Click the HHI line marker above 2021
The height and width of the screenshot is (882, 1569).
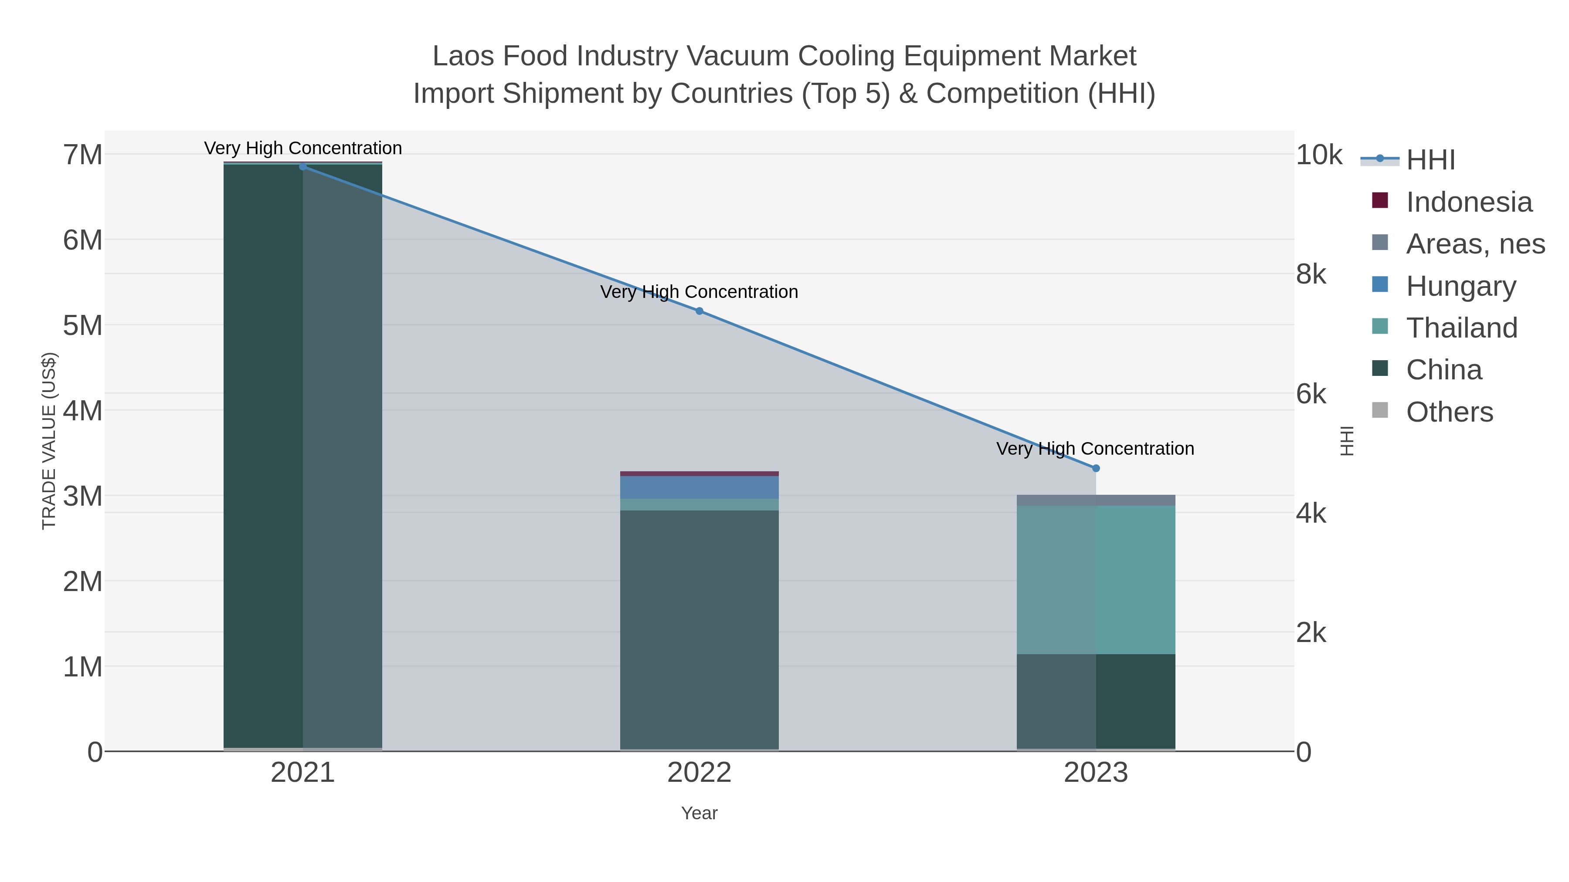(303, 167)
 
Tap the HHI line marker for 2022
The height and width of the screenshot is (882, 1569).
(699, 311)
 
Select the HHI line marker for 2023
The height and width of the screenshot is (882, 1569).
(1096, 468)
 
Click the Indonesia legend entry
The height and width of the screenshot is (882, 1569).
(1468, 202)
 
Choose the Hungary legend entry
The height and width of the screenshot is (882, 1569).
(1460, 286)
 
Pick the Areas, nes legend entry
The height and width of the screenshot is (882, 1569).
(1474, 244)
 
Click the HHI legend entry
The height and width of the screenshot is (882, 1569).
(1430, 160)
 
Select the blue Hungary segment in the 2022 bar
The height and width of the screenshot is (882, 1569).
(699, 487)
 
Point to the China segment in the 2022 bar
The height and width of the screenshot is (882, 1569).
(699, 630)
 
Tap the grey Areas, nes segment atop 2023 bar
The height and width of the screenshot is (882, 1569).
(1096, 500)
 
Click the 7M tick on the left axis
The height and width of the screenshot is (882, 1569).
(83, 155)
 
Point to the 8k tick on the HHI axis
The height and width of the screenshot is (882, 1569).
(1311, 274)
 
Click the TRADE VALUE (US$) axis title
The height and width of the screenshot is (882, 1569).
(49, 441)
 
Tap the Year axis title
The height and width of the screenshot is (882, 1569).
(699, 813)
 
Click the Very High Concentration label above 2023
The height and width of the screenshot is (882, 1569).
(1095, 449)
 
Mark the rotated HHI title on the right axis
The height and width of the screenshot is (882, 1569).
(1347, 441)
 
